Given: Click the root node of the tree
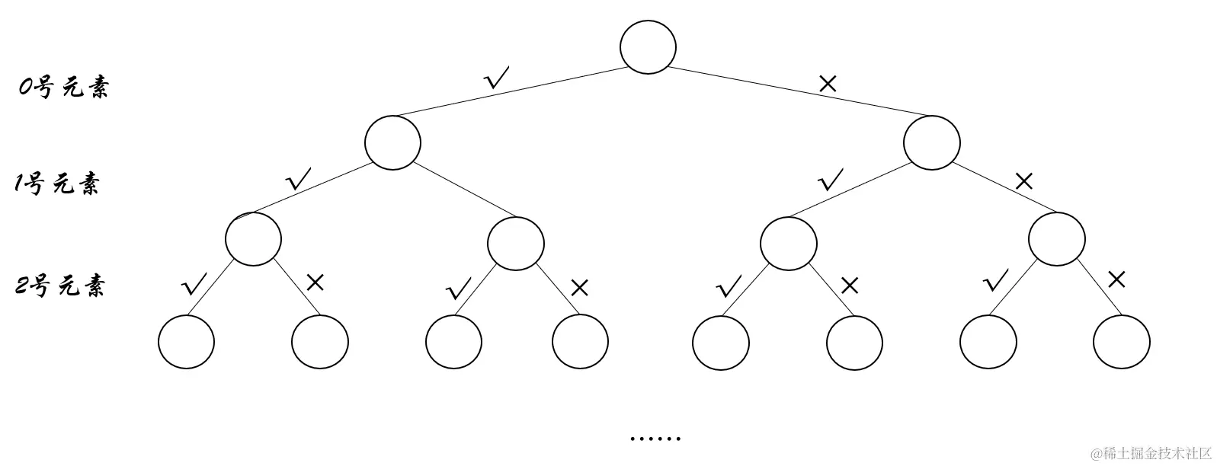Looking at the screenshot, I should [x=648, y=46].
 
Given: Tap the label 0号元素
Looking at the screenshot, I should [x=64, y=88].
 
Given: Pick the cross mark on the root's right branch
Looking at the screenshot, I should [x=828, y=83].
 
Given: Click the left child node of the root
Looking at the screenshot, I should [x=392, y=142].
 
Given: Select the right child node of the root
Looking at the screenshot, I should [x=931, y=142].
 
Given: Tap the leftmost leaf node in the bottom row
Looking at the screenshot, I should [x=187, y=341].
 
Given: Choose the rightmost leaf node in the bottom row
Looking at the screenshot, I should [x=1121, y=341].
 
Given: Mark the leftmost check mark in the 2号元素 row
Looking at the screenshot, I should [x=195, y=285].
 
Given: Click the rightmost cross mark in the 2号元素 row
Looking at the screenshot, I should [x=1116, y=279].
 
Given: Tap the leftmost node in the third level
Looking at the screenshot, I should [x=253, y=238].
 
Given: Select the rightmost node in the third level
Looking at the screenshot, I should [x=1056, y=238].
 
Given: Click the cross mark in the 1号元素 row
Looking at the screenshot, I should [x=1024, y=181].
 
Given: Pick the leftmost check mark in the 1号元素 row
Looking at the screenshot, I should [x=298, y=179].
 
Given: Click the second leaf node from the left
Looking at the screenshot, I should [x=320, y=341].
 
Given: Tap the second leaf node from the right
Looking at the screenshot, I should [x=988, y=341].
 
